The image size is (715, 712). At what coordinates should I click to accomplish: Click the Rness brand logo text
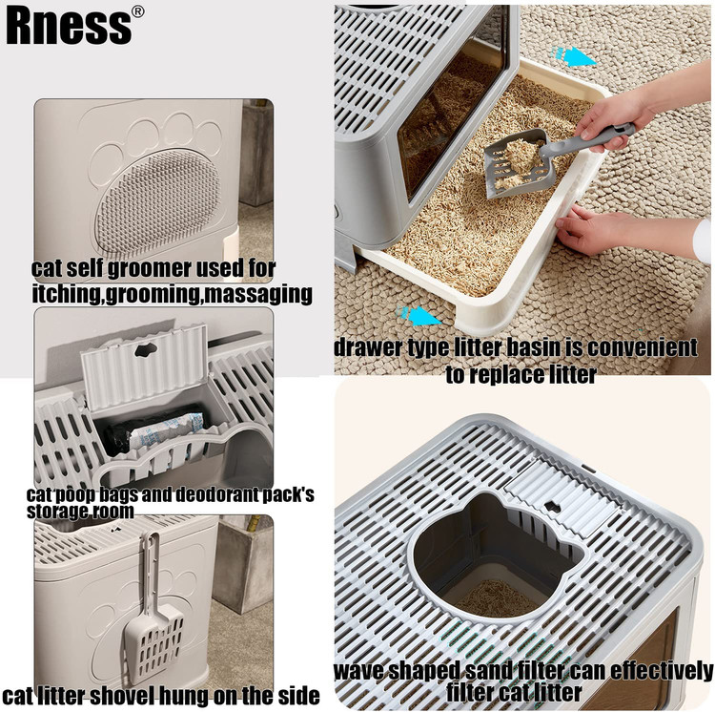[69, 27]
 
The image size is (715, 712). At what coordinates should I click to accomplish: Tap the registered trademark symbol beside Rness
[137, 11]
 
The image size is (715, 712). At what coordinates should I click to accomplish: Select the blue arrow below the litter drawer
[419, 315]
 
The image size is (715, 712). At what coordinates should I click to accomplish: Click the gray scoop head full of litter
[519, 162]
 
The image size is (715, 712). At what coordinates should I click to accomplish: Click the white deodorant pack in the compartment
[168, 430]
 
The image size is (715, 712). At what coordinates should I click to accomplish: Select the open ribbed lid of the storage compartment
[145, 366]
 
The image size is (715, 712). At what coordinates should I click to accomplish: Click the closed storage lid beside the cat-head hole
[564, 496]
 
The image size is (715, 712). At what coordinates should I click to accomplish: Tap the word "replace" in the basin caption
[513, 375]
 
